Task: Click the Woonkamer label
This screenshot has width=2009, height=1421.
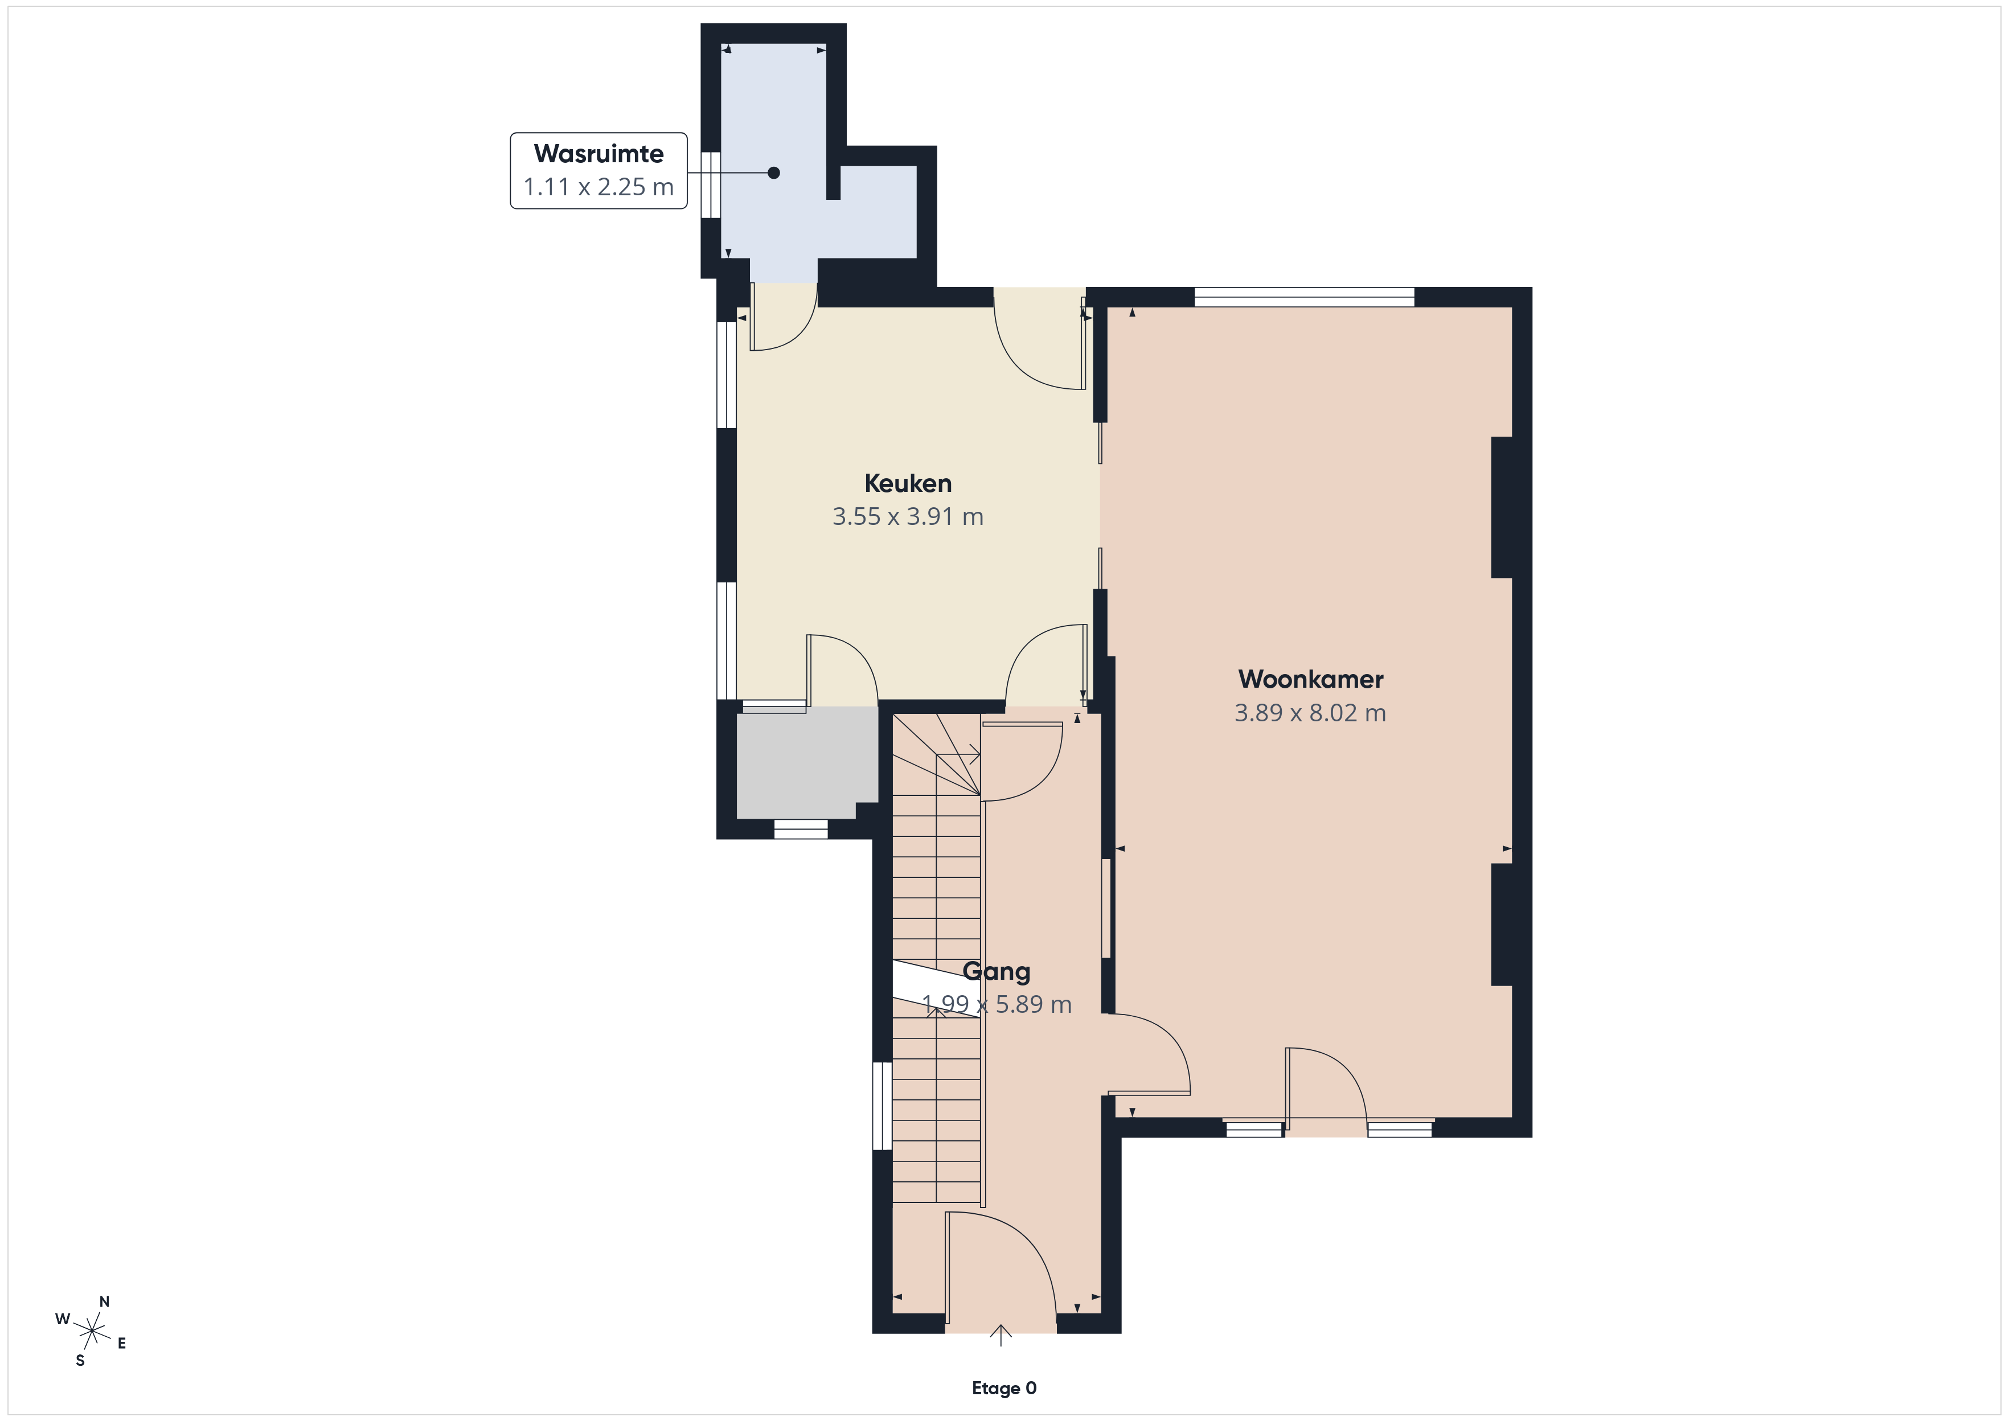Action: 1311,679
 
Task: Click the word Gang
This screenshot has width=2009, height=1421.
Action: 996,972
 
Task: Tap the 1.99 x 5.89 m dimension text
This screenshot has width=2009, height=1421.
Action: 996,1004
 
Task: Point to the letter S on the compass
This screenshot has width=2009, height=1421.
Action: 80,1361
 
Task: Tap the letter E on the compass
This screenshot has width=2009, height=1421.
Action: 122,1343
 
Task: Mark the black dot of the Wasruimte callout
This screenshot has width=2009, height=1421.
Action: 773,173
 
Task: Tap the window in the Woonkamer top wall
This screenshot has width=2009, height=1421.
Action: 1304,298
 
